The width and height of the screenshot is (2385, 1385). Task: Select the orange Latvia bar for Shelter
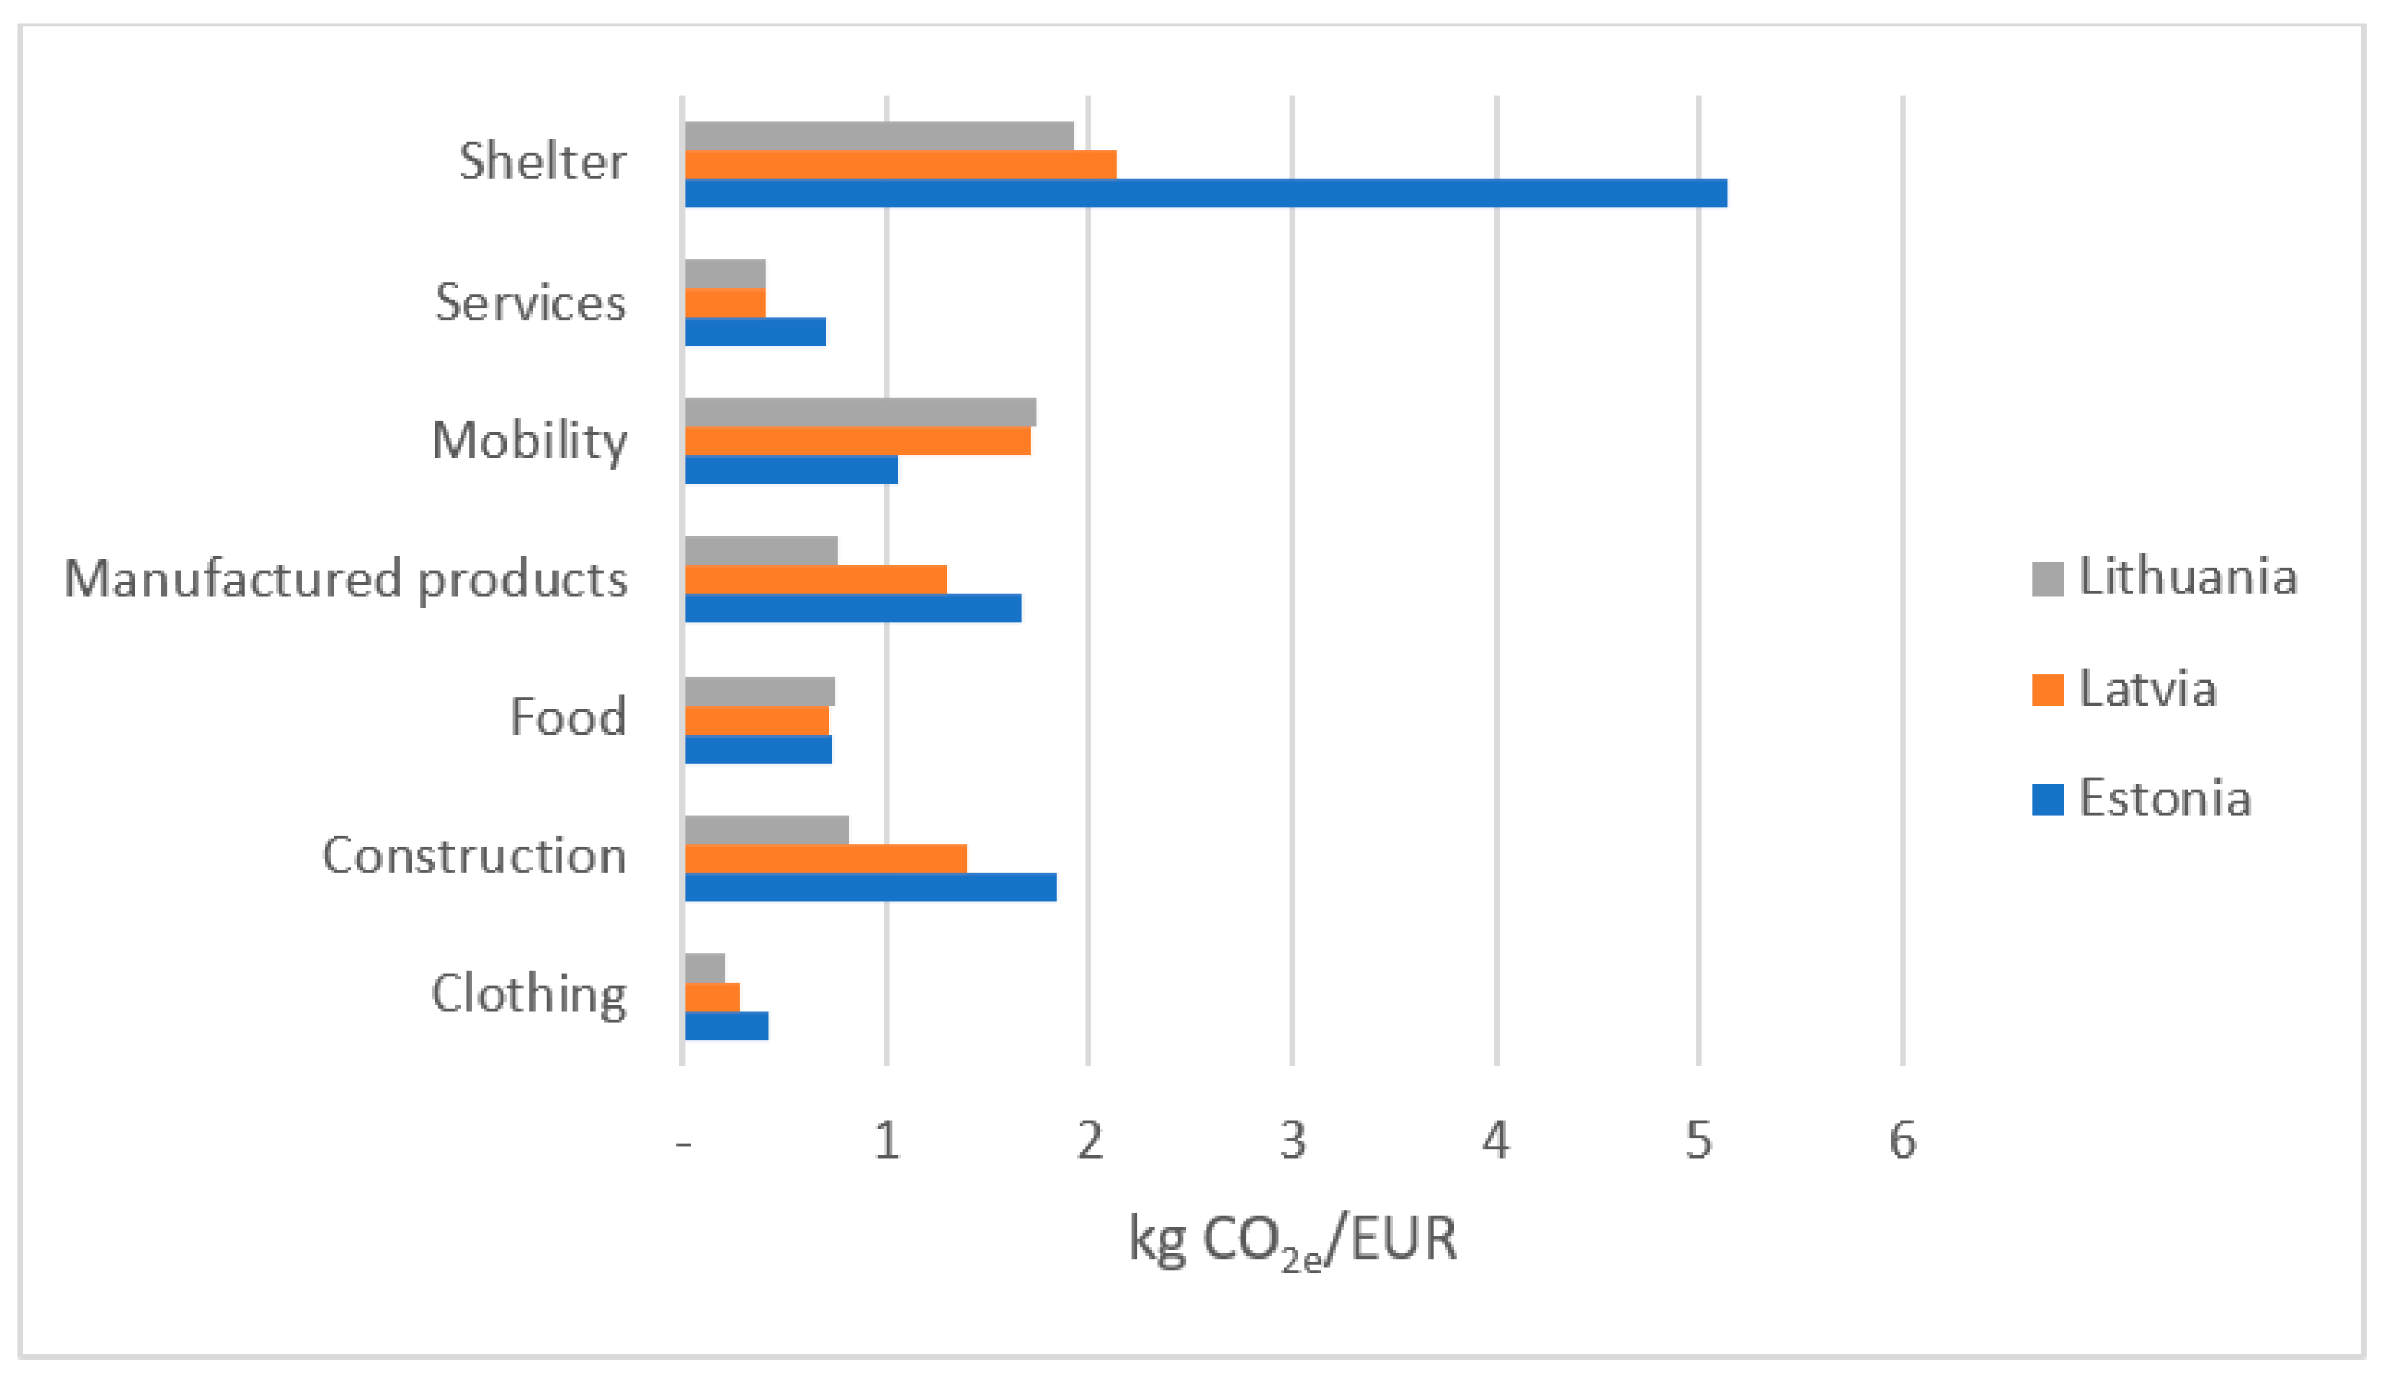[900, 165]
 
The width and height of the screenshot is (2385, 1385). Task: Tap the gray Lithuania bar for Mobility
[859, 412]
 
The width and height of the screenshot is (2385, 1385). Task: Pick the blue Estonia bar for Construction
[870, 888]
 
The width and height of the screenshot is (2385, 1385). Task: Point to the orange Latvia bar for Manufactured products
[815, 579]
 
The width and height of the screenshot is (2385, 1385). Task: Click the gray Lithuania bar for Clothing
[704, 969]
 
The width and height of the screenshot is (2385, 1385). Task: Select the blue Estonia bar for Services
[754, 331]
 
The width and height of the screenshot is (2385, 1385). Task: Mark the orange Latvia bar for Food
[756, 720]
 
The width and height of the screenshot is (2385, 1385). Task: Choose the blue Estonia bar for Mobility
[790, 471]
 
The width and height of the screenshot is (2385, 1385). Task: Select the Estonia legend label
[2164, 799]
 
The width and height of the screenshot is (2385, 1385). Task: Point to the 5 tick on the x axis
[1698, 1141]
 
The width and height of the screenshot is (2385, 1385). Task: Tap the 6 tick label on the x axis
[1902, 1141]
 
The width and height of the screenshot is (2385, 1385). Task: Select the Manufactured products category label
[345, 579]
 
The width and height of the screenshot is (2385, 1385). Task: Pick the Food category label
[568, 718]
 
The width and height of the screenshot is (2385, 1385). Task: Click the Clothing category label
[529, 995]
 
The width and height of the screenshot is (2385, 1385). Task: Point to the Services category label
[530, 303]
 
